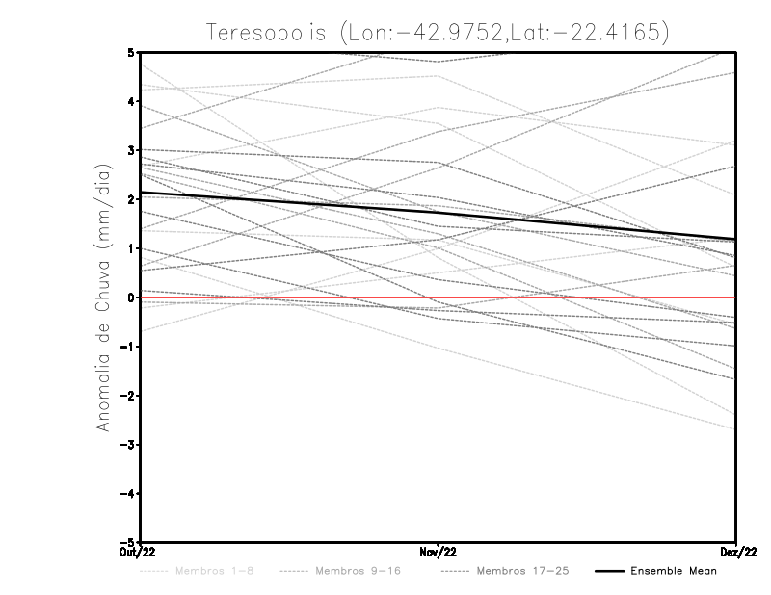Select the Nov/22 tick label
439,553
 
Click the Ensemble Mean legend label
674,572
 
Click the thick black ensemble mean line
289,203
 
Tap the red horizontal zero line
578,297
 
